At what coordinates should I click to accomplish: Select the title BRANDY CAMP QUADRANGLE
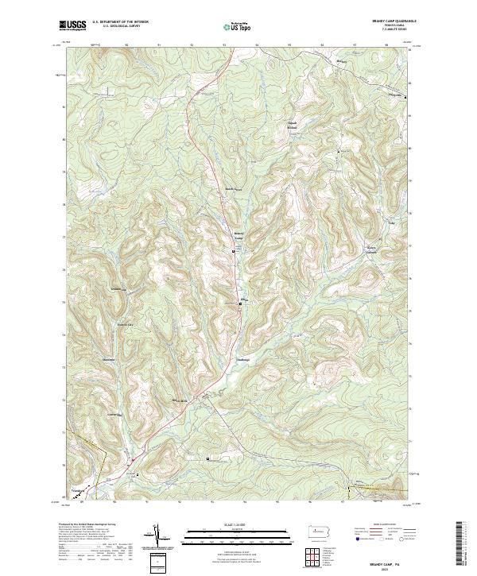[x=388, y=21]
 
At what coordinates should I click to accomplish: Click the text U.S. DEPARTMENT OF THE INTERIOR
[x=121, y=22]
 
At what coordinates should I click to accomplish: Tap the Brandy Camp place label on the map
[x=238, y=236]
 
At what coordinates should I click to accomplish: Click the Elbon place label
[x=245, y=299]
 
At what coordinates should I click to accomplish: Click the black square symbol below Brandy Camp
[x=233, y=251]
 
